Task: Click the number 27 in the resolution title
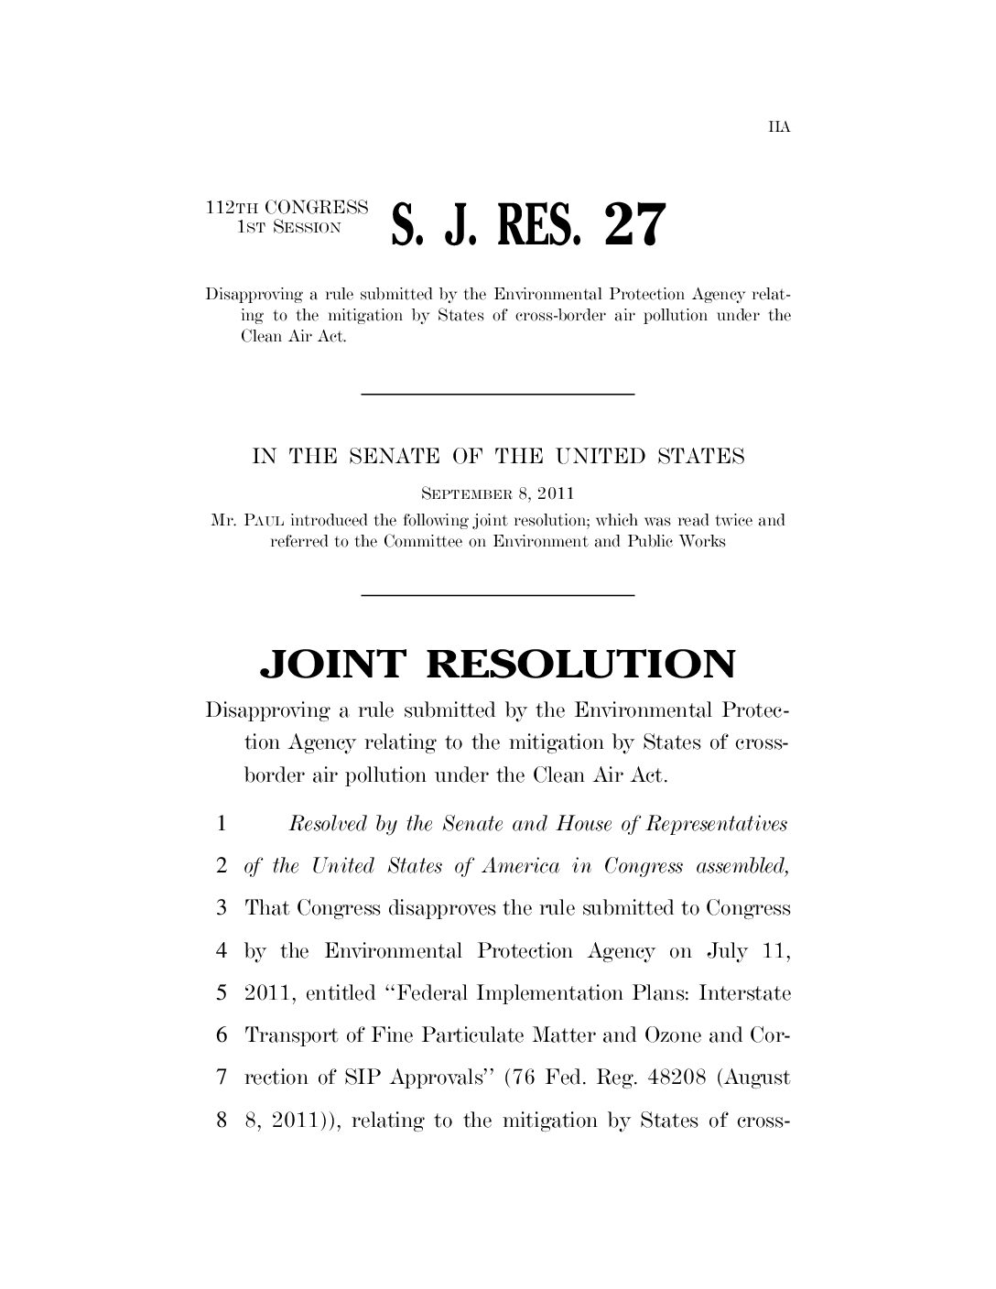[629, 224]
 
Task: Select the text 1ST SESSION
[288, 225]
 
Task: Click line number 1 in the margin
[222, 824]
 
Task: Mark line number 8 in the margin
[222, 1120]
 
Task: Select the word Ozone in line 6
[673, 1035]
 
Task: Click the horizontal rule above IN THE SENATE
[498, 394]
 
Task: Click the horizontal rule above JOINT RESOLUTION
[498, 595]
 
